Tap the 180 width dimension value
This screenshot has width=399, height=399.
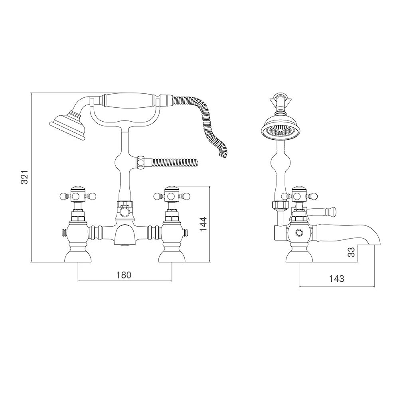coord(124,275)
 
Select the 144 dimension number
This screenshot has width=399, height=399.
coord(203,224)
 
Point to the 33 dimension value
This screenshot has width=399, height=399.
coord(351,252)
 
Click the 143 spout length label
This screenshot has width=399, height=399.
coord(337,279)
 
